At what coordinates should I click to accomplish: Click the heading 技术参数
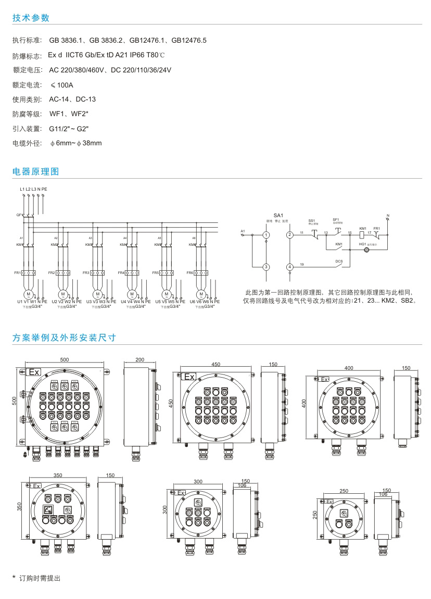point(31,18)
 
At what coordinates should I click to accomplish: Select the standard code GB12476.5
point(189,40)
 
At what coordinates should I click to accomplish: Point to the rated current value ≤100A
point(62,84)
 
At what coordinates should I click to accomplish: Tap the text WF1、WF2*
point(69,114)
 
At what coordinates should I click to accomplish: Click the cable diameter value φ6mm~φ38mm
point(76,143)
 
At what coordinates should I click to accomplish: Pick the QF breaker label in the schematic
point(19,215)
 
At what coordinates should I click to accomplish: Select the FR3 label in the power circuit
point(86,272)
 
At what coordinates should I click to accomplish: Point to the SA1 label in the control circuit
point(278,215)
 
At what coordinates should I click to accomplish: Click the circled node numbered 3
point(266,267)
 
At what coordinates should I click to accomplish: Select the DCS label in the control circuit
point(339,261)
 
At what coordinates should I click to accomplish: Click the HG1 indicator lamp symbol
point(365,251)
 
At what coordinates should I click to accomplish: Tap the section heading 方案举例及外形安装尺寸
point(64,338)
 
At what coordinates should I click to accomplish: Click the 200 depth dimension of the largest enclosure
point(140,360)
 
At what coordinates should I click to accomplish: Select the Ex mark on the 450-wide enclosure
point(188,377)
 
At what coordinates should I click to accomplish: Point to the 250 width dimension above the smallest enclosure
point(344,491)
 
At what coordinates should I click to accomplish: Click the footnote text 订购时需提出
point(40,578)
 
